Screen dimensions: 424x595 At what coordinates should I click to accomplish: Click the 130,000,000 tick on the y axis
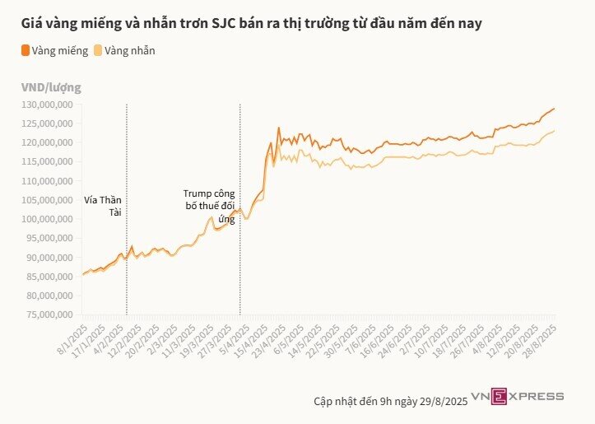tap(49, 105)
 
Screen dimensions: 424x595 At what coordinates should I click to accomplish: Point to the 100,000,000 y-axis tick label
tap(49, 219)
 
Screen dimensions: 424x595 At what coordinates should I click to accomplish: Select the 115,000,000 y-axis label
tap(49, 161)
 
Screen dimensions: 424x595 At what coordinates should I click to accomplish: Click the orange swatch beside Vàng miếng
tap(26, 50)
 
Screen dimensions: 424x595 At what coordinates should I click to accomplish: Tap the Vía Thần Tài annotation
tap(102, 206)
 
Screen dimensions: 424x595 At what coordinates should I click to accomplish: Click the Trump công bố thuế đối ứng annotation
tap(209, 207)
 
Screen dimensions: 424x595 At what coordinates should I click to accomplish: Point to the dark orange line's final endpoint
tap(555, 109)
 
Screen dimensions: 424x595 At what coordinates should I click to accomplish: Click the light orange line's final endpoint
tap(555, 130)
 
